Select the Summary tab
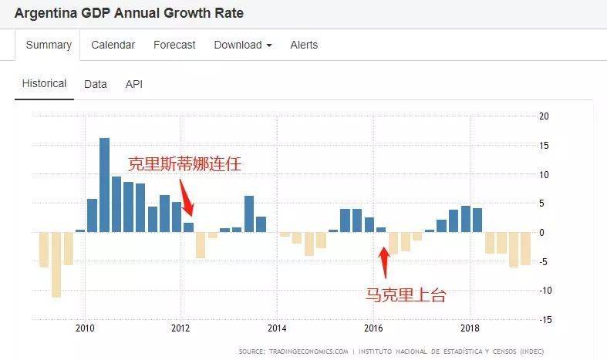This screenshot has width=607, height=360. [x=49, y=45]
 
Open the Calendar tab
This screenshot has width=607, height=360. [x=113, y=45]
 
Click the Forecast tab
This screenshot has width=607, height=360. [x=174, y=45]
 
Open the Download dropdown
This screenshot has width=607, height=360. [x=242, y=45]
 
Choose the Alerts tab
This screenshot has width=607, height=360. [x=304, y=45]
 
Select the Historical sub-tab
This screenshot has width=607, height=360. [x=44, y=83]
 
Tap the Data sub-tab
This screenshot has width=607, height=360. [x=96, y=84]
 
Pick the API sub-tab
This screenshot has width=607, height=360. [x=134, y=84]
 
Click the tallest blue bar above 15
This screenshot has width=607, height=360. [x=104, y=185]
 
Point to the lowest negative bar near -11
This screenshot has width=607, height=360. [x=56, y=264]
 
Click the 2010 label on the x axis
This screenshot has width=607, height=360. [x=85, y=326]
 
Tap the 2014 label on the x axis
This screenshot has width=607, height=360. [x=277, y=326]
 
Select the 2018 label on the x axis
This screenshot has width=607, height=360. [x=470, y=326]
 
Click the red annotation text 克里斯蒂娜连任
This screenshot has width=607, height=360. [x=190, y=164]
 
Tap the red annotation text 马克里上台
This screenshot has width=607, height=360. [x=406, y=294]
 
